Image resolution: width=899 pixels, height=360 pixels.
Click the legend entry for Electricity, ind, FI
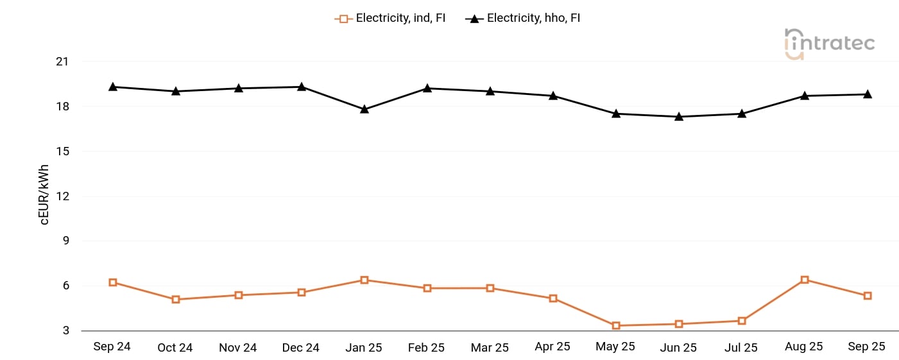click(390, 18)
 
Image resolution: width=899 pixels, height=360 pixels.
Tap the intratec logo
click(829, 44)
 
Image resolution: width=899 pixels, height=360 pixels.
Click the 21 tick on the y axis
click(62, 62)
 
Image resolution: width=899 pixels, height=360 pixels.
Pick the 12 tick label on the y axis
click(62, 196)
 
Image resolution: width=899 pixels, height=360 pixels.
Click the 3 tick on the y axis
click(65, 331)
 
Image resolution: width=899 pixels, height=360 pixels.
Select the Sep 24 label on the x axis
click(112, 347)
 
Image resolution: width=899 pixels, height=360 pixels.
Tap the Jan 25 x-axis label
click(364, 347)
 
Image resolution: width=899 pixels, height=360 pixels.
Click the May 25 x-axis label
click(615, 347)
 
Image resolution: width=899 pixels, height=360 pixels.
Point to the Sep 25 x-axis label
click(866, 347)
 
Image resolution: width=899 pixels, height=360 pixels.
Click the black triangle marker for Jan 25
click(364, 109)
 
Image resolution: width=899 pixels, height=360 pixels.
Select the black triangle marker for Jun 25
click(679, 116)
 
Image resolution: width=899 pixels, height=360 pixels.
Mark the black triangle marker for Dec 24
click(302, 86)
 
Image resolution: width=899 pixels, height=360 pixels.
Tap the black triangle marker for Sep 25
click(868, 94)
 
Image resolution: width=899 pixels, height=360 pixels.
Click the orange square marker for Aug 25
click(805, 280)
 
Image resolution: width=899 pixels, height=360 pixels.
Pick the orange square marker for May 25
click(616, 325)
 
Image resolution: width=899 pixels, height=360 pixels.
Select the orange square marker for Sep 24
click(113, 282)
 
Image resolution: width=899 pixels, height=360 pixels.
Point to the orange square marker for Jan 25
click(364, 280)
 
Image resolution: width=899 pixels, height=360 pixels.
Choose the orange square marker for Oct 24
click(176, 299)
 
